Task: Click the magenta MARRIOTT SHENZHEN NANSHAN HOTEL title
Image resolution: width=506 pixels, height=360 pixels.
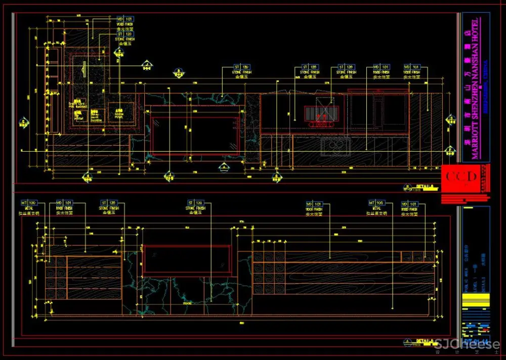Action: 475,89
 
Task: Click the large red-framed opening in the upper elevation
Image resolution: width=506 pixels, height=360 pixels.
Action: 195,134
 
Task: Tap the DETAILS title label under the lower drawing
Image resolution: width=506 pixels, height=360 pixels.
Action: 425,342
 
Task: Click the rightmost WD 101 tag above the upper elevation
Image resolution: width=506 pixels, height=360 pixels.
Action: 411,67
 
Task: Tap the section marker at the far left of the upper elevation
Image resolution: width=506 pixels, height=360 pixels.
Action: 23,122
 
